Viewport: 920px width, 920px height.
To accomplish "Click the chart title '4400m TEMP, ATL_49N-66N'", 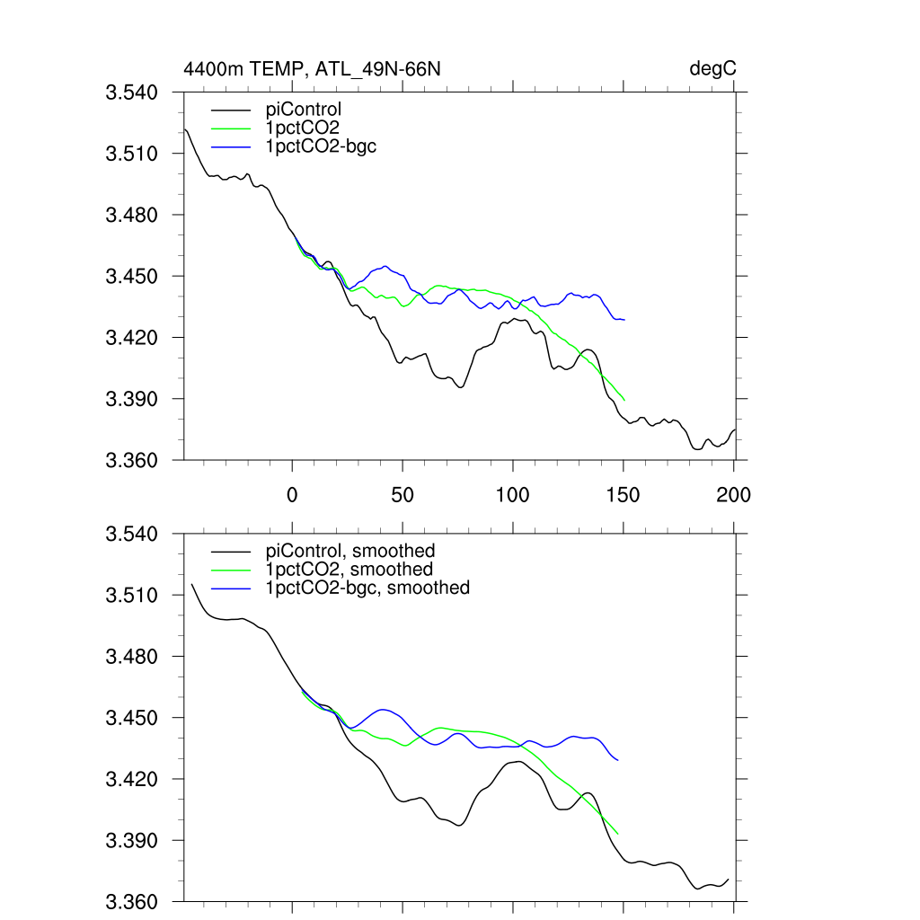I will coord(312,68).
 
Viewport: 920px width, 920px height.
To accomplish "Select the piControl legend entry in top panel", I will coord(304,111).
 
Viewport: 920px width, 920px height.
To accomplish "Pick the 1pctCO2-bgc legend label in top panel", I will coord(321,146).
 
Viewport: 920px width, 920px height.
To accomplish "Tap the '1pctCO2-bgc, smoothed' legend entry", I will coord(367,588).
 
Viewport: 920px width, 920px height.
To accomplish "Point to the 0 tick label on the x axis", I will coord(292,494).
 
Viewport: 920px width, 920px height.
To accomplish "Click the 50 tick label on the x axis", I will coord(402,494).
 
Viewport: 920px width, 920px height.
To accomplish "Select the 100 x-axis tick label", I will coord(513,494).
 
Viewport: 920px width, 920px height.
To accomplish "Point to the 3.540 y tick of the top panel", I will coord(132,93).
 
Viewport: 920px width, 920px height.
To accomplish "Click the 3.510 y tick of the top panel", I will coord(132,154).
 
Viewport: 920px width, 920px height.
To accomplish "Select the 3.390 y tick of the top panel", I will coord(132,399).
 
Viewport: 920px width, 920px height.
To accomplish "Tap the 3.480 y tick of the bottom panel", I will coord(132,657).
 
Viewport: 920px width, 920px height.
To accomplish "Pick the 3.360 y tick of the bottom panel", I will coord(132,902).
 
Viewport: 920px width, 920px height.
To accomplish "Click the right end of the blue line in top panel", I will coord(624,320).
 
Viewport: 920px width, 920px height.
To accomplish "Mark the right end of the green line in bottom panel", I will coord(618,834).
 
